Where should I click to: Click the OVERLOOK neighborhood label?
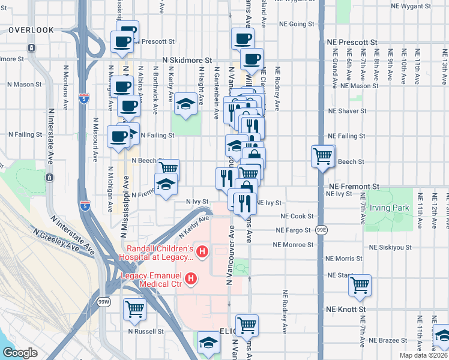[31, 29]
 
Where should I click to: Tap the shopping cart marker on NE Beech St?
[323, 156]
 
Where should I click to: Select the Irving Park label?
[388, 208]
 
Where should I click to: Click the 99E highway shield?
[321, 230]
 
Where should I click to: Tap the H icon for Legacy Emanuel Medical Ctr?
[191, 278]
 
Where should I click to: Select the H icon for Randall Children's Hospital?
[202, 251]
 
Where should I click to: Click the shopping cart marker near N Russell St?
[135, 309]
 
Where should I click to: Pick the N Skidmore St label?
[188, 61]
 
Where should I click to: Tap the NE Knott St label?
[346, 309]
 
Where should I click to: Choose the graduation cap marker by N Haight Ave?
[186, 104]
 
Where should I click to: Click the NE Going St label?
[297, 25]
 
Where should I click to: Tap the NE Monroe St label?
[293, 245]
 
